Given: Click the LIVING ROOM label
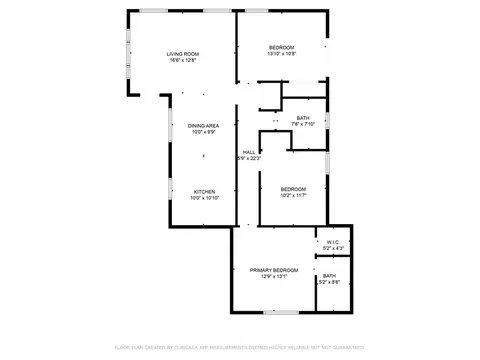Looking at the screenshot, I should [x=182, y=54].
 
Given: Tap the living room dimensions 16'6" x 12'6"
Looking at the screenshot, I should [x=182, y=60].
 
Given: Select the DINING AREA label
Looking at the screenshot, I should [x=203, y=125].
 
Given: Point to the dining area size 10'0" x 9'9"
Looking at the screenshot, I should [x=203, y=131].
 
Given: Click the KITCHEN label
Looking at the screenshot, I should [x=204, y=191].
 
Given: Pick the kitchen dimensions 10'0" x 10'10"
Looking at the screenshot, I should [x=204, y=197].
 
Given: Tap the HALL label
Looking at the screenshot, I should [x=248, y=152].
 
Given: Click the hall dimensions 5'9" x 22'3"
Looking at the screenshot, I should [x=248, y=158].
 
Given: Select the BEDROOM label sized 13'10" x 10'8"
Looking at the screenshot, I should [x=281, y=48].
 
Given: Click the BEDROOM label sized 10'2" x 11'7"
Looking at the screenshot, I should [x=293, y=189].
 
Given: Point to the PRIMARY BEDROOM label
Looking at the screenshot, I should [x=274, y=271].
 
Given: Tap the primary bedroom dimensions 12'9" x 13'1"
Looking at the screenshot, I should [x=274, y=277].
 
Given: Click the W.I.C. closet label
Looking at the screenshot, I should [x=334, y=241].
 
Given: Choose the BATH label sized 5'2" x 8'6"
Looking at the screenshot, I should [x=329, y=276].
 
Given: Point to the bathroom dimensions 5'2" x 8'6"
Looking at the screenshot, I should [x=329, y=282].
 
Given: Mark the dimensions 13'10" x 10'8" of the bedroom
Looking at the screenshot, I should [x=281, y=54].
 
